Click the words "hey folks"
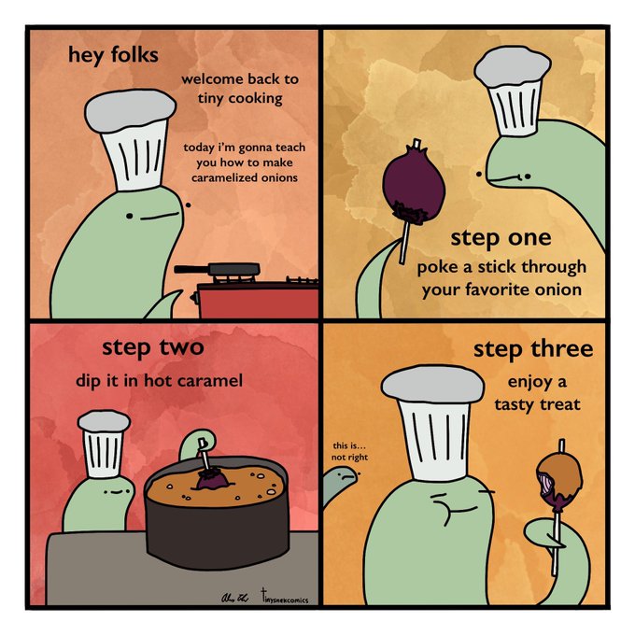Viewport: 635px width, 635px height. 113,55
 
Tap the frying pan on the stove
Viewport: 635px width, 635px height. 218,269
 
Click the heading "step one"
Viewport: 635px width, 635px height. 501,238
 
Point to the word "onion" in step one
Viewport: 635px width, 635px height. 558,290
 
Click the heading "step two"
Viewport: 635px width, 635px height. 152,348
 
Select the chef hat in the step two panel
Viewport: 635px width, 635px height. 104,444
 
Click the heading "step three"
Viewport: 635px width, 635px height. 533,349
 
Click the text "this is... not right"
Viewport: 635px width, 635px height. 349,452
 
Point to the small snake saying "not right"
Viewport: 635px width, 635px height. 339,486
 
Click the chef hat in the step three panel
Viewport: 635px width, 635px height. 433,422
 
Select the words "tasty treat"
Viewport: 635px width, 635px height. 537,404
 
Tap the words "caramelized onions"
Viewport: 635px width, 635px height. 245,177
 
